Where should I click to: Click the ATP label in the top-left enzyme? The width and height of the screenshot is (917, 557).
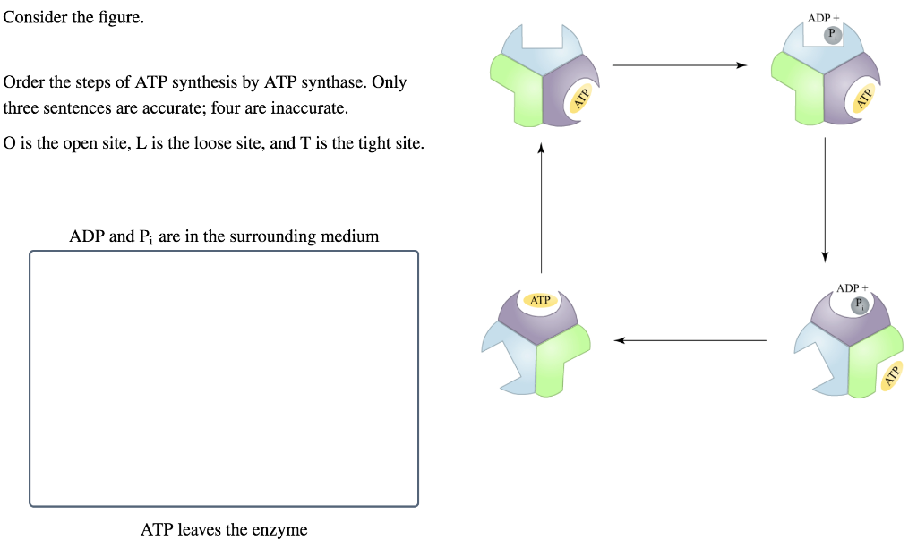pyautogui.click(x=580, y=99)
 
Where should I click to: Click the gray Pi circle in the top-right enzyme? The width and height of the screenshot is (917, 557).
pyautogui.click(x=833, y=35)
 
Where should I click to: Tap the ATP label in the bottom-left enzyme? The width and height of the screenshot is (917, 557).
pyautogui.click(x=540, y=300)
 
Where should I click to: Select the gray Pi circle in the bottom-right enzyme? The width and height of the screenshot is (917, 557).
pyautogui.click(x=860, y=304)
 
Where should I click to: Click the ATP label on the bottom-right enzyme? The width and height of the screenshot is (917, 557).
pyautogui.click(x=890, y=377)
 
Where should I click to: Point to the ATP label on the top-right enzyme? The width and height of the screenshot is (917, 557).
pyautogui.click(x=864, y=98)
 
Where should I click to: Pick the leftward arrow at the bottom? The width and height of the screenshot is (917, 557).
pyautogui.click(x=690, y=340)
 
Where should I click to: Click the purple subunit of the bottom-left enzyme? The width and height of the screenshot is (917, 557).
pyautogui.click(x=537, y=319)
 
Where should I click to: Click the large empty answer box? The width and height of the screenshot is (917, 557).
pyautogui.click(x=224, y=378)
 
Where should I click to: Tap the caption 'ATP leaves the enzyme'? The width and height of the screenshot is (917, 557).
pyautogui.click(x=224, y=530)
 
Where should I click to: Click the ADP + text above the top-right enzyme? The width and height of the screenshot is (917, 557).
pyautogui.click(x=819, y=18)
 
